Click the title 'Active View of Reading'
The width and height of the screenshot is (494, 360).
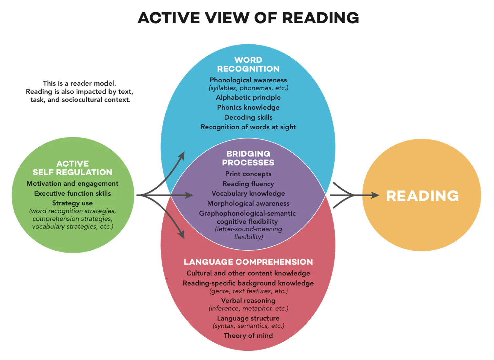248,18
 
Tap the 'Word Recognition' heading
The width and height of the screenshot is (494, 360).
248,64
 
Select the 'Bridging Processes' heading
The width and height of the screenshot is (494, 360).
248,158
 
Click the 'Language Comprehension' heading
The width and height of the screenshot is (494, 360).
248,262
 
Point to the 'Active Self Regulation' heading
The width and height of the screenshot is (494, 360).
72,168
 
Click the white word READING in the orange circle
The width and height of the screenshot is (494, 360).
422,196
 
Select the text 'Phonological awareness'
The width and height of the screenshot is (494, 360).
248,80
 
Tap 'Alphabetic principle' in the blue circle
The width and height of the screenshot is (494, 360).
248,97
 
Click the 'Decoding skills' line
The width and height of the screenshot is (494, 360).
248,117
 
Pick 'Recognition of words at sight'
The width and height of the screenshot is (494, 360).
248,127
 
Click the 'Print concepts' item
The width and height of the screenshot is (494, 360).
248,174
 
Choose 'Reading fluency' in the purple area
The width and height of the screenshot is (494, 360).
248,184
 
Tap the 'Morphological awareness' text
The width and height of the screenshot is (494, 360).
248,203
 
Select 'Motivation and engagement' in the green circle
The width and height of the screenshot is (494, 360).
72,183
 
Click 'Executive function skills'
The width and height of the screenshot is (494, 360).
72,193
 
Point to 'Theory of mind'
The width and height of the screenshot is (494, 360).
248,335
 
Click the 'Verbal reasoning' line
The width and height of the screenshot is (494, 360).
248,300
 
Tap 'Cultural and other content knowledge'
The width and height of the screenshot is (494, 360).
248,273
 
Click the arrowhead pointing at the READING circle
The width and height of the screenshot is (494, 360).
375,195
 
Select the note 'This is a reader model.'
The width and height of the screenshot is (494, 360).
79,83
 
